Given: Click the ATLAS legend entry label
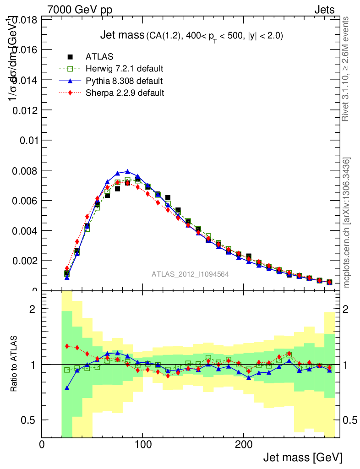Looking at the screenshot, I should pyautogui.click(x=99, y=57).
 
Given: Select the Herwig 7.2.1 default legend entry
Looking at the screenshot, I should pyautogui.click(x=124, y=69).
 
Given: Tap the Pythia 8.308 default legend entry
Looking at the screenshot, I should pyautogui.click(x=124, y=81).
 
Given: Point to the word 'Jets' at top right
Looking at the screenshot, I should pyautogui.click(x=324, y=9).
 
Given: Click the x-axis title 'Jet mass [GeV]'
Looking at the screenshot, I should pyautogui.click(x=302, y=457).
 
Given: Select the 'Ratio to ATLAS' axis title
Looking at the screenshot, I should pyautogui.click(x=14, y=364).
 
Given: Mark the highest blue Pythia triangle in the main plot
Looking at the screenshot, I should pyautogui.click(x=128, y=172).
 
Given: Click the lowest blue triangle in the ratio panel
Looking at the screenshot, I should pyautogui.click(x=67, y=388).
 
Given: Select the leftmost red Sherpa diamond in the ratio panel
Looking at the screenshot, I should pyautogui.click(x=67, y=346).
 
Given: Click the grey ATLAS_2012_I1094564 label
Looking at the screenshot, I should pyautogui.click(x=190, y=274).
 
